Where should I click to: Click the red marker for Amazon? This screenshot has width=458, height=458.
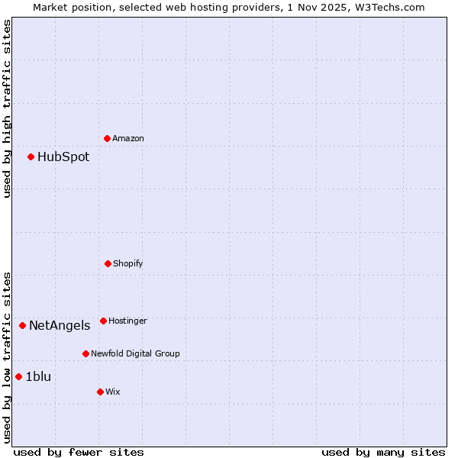point(107,138)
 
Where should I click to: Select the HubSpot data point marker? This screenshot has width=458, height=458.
point(31,156)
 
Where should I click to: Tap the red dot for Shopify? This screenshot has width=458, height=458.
point(108,263)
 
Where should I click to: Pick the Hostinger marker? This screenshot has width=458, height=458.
point(103,321)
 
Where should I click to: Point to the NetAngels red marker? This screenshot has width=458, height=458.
point(22,325)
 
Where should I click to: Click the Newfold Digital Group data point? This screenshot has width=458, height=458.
point(85,353)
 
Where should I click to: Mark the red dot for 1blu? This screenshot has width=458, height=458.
point(18,376)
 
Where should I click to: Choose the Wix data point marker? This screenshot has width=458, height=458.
point(100,392)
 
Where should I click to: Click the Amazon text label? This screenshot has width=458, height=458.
point(128,138)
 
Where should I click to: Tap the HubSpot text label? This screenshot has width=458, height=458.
point(63,157)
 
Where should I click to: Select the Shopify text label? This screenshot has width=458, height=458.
point(128,263)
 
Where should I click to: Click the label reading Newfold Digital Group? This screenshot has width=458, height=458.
point(135,353)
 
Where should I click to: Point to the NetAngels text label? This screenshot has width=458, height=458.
point(60,326)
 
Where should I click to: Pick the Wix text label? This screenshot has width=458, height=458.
point(113,392)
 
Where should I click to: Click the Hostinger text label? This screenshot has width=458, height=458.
point(127,321)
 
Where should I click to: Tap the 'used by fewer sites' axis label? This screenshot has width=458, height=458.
point(79,452)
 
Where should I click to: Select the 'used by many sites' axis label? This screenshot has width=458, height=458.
point(383,452)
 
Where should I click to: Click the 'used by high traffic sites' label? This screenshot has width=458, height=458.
point(8,108)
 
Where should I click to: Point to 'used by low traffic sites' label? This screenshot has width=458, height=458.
point(8,357)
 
